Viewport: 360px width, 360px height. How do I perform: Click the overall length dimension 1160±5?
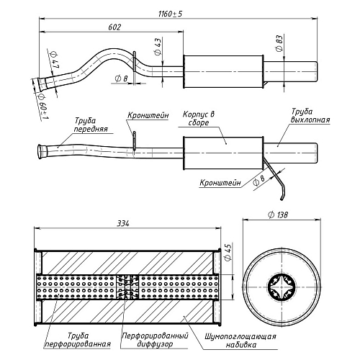pos(171,14)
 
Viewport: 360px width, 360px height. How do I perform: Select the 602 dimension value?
pos(114,27)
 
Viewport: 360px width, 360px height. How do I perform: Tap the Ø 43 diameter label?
pos(158,47)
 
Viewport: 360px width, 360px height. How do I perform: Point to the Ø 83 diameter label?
pos(279,43)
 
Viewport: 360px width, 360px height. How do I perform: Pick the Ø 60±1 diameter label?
pos(42,107)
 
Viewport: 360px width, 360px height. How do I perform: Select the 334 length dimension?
pos(123,224)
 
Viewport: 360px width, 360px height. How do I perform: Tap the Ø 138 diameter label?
pos(278,215)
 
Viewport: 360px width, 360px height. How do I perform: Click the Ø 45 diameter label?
pos(228,252)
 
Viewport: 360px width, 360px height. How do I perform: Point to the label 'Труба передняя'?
pos(91,125)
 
